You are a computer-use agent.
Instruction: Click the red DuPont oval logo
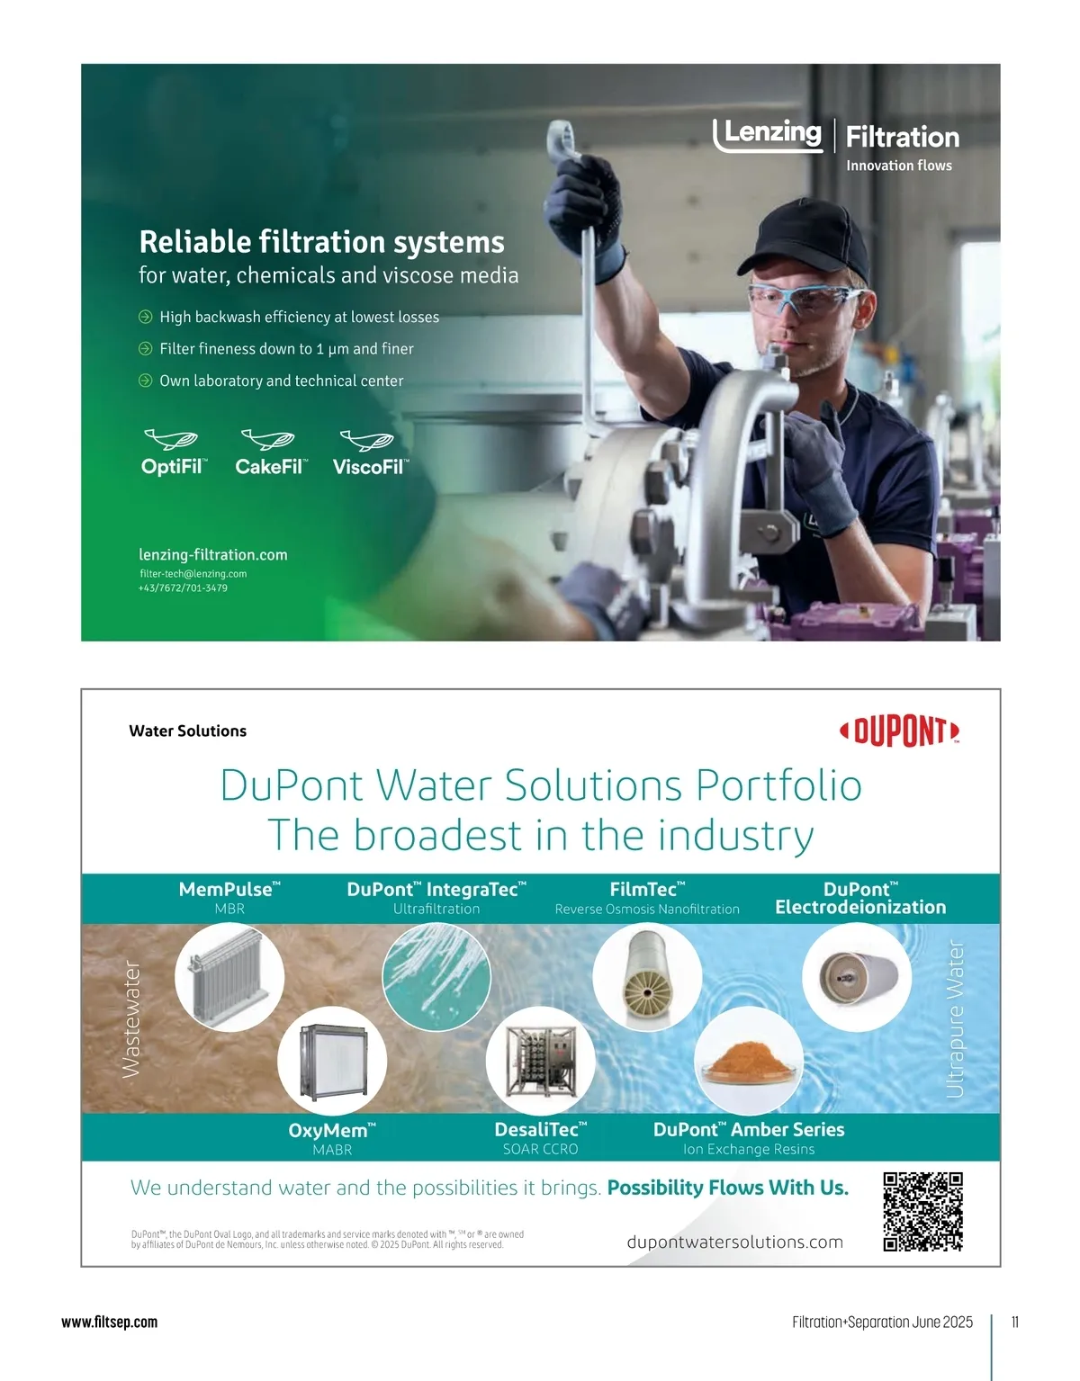click(899, 731)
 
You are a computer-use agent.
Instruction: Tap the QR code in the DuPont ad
click(923, 1212)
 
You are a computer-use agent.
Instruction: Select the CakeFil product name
click(272, 467)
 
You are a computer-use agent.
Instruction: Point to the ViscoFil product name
click(371, 467)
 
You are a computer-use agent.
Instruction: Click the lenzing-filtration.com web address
click(213, 555)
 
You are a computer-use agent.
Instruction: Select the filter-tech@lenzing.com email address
click(193, 573)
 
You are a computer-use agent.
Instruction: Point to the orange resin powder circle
click(749, 1061)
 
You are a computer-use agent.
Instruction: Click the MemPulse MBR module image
click(229, 977)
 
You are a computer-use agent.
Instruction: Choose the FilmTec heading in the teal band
click(647, 889)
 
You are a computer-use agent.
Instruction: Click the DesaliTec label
click(540, 1129)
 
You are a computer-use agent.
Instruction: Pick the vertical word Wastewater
click(130, 1019)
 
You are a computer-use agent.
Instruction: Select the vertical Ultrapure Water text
click(955, 1019)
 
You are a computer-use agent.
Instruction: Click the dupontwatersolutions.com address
click(734, 1242)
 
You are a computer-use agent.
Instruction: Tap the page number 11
click(1015, 1322)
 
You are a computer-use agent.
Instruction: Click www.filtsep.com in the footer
click(109, 1323)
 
